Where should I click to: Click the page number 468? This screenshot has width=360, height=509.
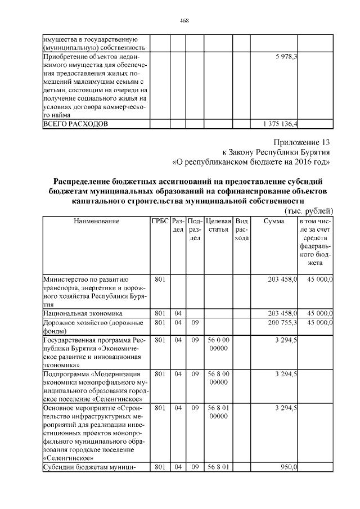[x=183, y=21]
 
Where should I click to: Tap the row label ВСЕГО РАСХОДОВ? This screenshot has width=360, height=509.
[x=75, y=123]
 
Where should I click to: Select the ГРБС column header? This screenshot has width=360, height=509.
[x=159, y=222]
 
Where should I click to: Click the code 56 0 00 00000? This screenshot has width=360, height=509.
[x=218, y=344]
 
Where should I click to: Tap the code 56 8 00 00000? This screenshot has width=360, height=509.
[x=218, y=377]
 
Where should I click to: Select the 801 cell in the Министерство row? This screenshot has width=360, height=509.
[x=159, y=279]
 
